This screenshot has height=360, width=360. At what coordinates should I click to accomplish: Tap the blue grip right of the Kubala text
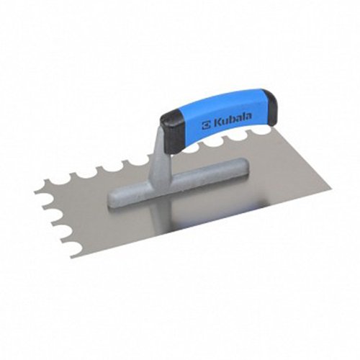pos(253,111)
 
